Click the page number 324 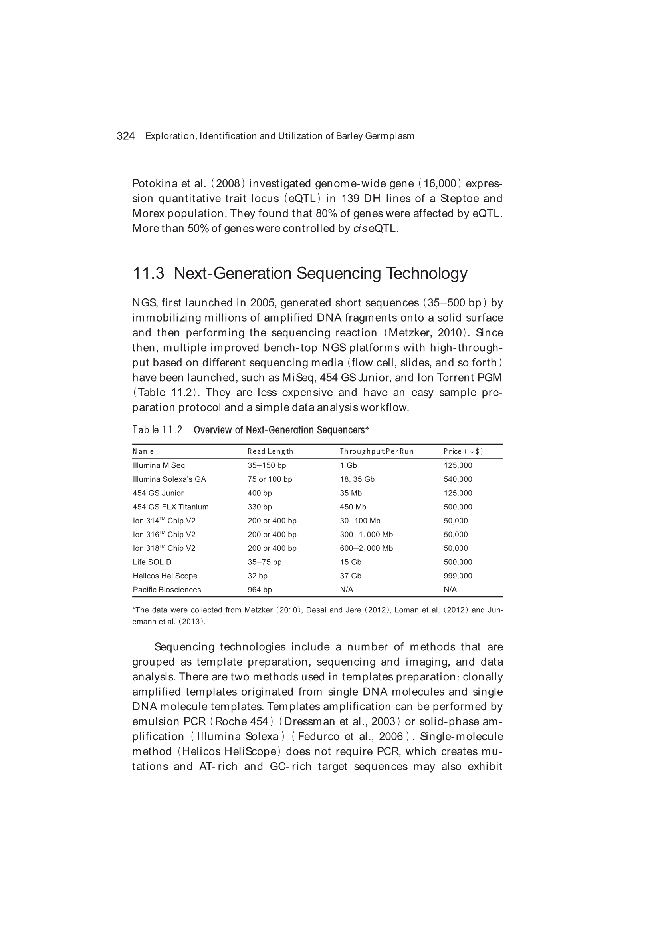pyautogui.click(x=126, y=136)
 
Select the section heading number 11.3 pyautogui.click(x=149, y=273)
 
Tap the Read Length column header pyautogui.click(x=270, y=451)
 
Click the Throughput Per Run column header pyautogui.click(x=377, y=451)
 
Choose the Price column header pyautogui.click(x=463, y=451)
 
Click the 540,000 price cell pyautogui.click(x=458, y=479)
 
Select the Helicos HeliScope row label pyautogui.click(x=165, y=576)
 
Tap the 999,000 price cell pyautogui.click(x=458, y=576)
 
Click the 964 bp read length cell pyautogui.click(x=260, y=590)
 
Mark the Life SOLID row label pyautogui.click(x=152, y=562)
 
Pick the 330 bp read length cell pyautogui.click(x=260, y=507)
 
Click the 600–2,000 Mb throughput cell pyautogui.click(x=367, y=548)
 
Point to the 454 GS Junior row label pyautogui.click(x=158, y=493)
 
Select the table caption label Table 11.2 pyautogui.click(x=157, y=430)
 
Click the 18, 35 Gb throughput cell pyautogui.click(x=357, y=479)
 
